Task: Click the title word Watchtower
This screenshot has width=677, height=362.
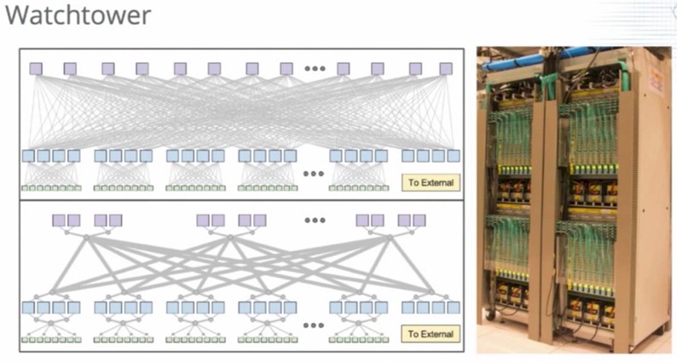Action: tap(78, 14)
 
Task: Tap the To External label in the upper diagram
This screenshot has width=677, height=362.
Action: tap(431, 182)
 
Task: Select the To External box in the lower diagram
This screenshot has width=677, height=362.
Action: tap(431, 334)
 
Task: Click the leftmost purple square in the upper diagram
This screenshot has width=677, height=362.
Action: tap(36, 69)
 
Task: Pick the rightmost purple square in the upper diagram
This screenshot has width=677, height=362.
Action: tap(446, 69)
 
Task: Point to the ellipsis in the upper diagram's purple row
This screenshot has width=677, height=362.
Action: tap(315, 69)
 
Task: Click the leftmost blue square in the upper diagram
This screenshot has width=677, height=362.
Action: tap(28, 156)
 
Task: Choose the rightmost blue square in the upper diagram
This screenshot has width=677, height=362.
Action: tap(454, 156)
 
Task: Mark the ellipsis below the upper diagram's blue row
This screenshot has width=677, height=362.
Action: tap(314, 174)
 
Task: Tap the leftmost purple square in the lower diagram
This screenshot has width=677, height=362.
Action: tap(59, 221)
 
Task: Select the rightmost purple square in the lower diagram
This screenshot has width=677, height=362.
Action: tap(420, 221)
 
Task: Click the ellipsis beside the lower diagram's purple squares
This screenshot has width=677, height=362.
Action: tap(315, 220)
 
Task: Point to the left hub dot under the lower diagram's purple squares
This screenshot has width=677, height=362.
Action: tap(86, 238)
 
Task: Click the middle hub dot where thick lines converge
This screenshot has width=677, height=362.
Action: tap(230, 238)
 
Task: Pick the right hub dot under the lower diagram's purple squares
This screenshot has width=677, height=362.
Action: tap(390, 238)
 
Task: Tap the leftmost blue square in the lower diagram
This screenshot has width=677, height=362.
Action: tap(28, 307)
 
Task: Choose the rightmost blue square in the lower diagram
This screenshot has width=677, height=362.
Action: tap(454, 307)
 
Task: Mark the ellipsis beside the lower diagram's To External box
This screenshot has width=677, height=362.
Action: tap(314, 325)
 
